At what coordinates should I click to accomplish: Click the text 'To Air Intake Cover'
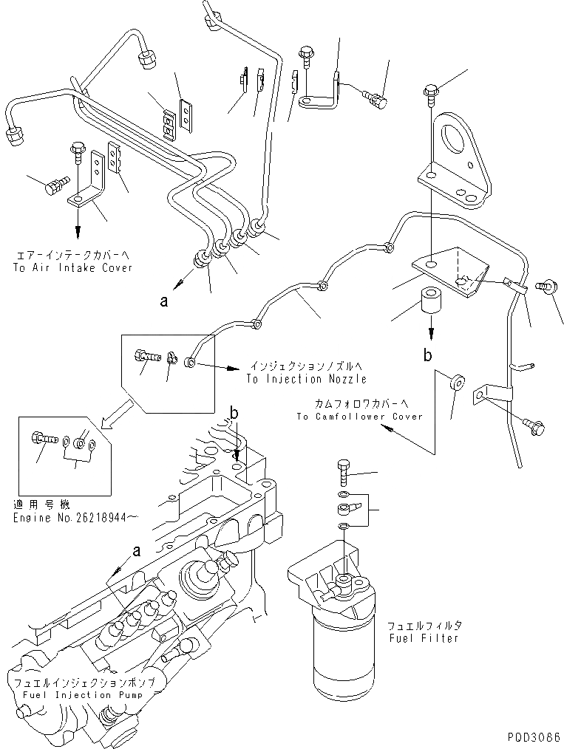coord(72,267)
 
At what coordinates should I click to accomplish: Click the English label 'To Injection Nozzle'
coord(307,379)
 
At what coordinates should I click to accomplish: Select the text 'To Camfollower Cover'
coord(359,417)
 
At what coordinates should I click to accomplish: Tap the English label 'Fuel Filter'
coord(424,638)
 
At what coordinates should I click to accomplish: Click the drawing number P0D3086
coord(534,736)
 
